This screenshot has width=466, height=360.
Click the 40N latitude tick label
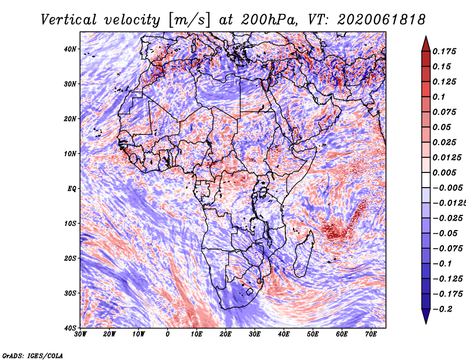point(70,49)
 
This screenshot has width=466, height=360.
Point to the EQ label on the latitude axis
point(72,189)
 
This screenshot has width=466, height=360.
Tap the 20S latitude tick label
point(70,258)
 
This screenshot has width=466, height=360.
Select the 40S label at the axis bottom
point(70,328)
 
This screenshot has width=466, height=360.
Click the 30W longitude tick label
point(80,334)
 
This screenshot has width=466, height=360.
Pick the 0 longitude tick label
point(168,334)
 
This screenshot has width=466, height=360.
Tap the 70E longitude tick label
point(371,334)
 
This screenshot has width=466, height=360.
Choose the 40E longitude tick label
point(284,334)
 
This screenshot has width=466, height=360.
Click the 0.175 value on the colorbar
point(444,51)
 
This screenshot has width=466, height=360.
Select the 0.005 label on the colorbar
point(444,172)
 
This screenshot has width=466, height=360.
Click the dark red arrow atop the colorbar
point(426,45)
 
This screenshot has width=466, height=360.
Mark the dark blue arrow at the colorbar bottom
point(426,316)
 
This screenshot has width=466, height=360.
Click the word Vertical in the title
point(69,20)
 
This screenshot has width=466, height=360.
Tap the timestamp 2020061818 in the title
point(382,20)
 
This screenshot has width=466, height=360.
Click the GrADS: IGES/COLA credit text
point(33,355)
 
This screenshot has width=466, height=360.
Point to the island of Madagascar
point(303,253)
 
